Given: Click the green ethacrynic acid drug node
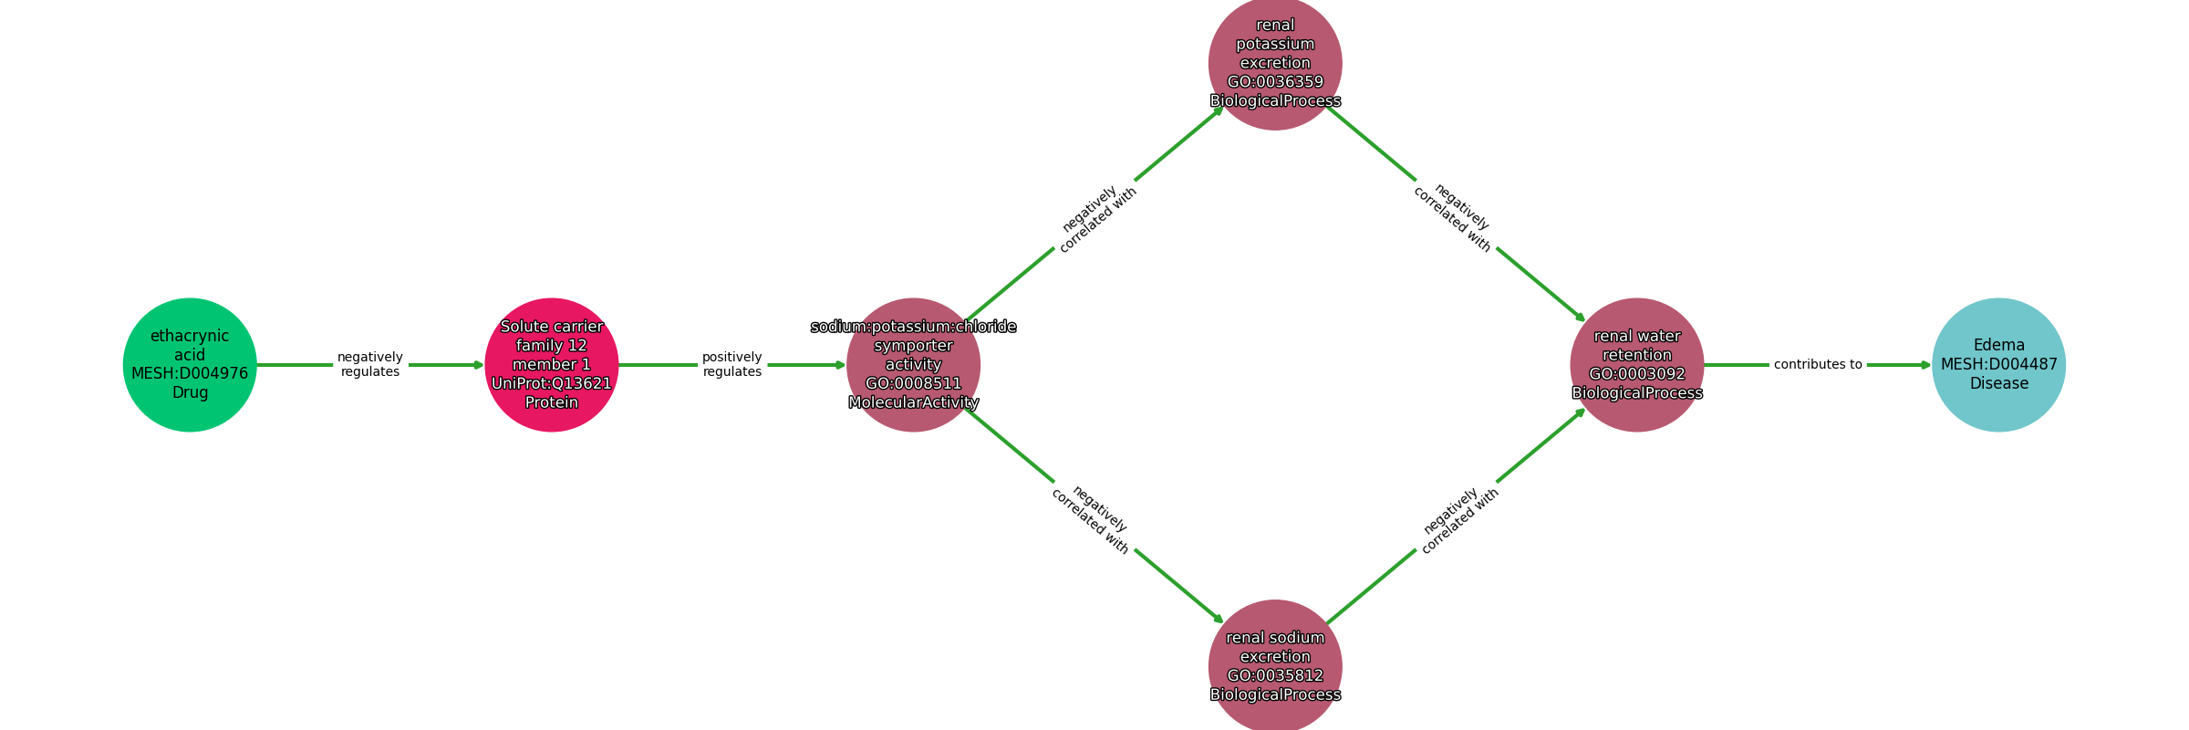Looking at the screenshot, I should pyautogui.click(x=190, y=364).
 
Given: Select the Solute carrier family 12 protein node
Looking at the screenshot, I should pyautogui.click(x=551, y=364).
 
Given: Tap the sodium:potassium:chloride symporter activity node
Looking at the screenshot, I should pyautogui.click(x=913, y=364).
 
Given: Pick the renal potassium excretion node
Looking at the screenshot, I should pyautogui.click(x=1275, y=63).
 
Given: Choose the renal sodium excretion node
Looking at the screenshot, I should pyautogui.click(x=1275, y=665).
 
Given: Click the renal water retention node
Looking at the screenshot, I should pyautogui.click(x=1636, y=364).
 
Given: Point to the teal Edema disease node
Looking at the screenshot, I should pyautogui.click(x=1998, y=364).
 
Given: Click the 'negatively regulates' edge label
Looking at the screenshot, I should pyautogui.click(x=370, y=364).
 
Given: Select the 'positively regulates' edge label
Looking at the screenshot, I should pyautogui.click(x=732, y=364).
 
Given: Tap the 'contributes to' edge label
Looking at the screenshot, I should pyautogui.click(x=1818, y=364).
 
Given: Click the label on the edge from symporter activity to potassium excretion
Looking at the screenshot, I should pyautogui.click(x=1097, y=220).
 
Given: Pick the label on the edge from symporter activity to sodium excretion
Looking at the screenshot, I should pyautogui.click(x=1091, y=520).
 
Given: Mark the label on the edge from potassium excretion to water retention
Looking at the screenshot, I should pyautogui.click(x=1454, y=218).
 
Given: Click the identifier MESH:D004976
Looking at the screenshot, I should pyautogui.click(x=190, y=373).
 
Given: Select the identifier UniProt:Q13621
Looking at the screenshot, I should pyautogui.click(x=551, y=383).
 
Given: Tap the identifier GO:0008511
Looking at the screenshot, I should pyautogui.click(x=913, y=383).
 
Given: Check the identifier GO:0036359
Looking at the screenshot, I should pyautogui.click(x=1275, y=82).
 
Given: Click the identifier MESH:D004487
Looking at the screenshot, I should pyautogui.click(x=1998, y=364).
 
